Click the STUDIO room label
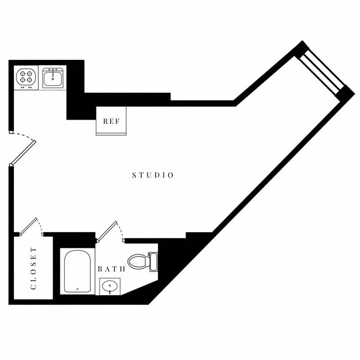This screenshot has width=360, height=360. point(153,175)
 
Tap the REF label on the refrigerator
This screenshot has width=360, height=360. point(111,121)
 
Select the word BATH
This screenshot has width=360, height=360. point(111,269)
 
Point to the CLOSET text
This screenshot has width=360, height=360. point(33,269)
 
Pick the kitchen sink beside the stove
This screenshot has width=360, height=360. point(54,78)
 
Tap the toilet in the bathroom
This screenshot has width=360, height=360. point(141,261)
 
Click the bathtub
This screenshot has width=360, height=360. point(77,271)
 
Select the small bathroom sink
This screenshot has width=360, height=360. point(109,287)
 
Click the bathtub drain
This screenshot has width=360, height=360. point(77,289)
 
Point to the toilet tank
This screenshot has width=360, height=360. point(153,261)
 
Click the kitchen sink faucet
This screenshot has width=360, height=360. point(54,71)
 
